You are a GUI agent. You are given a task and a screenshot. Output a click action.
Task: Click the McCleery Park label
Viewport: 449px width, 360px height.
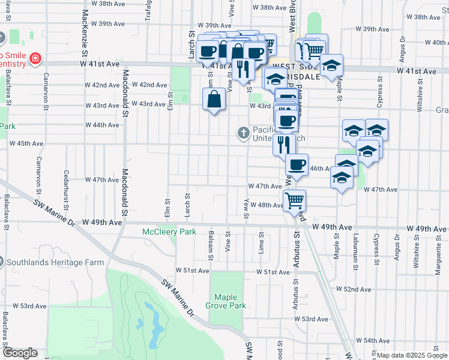pos(169,232)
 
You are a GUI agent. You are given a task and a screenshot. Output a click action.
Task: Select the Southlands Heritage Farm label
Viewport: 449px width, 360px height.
pos(53,262)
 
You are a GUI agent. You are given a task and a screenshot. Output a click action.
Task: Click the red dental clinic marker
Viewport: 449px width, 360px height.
pos(36,58)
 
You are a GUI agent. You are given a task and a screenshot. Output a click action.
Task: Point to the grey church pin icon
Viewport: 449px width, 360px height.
pos(243,132)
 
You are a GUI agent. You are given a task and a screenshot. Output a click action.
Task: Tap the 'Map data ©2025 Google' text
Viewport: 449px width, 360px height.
pos(412,355)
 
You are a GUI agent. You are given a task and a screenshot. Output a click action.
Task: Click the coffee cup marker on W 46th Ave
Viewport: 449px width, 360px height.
pos(296,164)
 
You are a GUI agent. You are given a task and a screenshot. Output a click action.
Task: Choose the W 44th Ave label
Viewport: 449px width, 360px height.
pos(102,125)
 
